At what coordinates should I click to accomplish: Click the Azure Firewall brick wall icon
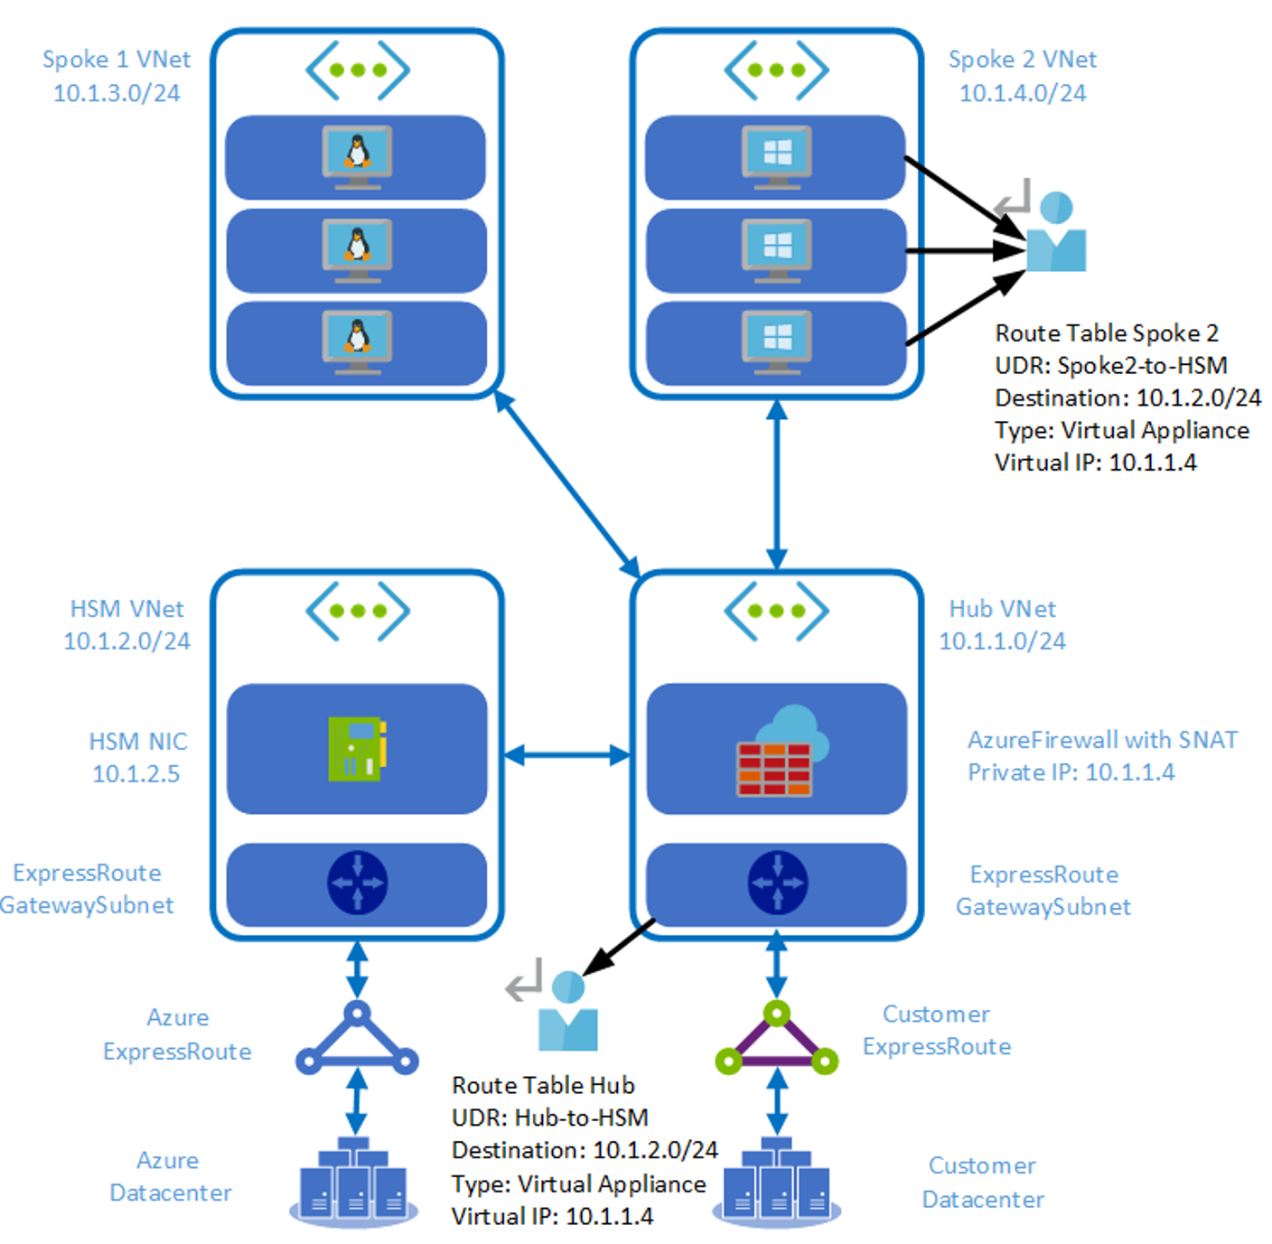point(774,768)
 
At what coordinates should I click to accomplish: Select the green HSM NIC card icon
point(358,749)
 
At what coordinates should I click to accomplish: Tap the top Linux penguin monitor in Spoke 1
point(358,156)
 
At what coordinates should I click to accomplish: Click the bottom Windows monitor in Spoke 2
point(777,341)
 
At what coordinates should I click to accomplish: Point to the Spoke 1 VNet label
point(117,60)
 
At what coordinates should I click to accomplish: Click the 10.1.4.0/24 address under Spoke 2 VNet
point(1022,93)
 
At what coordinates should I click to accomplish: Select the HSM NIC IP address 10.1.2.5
point(136,774)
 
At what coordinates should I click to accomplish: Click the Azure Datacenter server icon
point(354,1183)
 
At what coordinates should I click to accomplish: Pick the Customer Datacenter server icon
point(777,1183)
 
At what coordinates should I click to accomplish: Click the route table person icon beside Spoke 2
point(1054,233)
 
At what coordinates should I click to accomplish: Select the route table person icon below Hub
point(566,1013)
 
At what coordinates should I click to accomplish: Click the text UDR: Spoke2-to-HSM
point(1110,366)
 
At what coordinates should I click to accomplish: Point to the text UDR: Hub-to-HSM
point(549,1118)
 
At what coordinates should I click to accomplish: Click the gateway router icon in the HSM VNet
point(358,883)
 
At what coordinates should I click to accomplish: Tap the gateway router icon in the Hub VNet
point(777,883)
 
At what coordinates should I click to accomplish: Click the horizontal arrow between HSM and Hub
point(566,755)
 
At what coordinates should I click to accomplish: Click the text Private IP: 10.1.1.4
point(1071,772)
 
